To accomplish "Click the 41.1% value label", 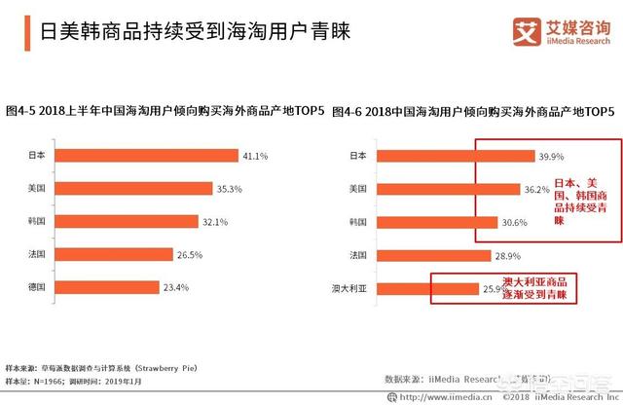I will [x=255, y=155].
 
